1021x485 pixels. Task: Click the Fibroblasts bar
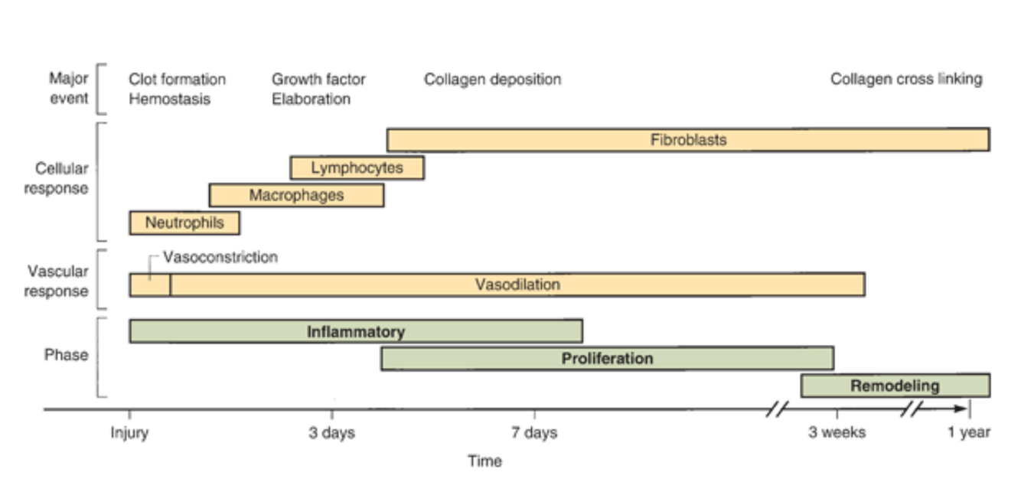click(x=687, y=140)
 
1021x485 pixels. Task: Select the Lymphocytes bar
click(x=357, y=168)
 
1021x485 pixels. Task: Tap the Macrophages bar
click(x=296, y=196)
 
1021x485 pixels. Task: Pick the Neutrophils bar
click(x=184, y=223)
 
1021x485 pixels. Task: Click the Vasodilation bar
click(x=517, y=285)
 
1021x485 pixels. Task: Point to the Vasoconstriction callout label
click(x=220, y=257)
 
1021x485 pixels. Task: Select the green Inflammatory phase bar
click(x=356, y=332)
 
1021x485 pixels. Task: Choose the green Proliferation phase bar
click(x=607, y=359)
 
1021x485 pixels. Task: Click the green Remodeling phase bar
click(x=895, y=386)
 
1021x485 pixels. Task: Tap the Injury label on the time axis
click(x=129, y=433)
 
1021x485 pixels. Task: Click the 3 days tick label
click(x=331, y=433)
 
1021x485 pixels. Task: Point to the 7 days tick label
click(x=534, y=433)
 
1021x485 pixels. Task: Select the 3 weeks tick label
click(x=837, y=433)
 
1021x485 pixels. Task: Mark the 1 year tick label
click(x=968, y=433)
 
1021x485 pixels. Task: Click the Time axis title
click(x=485, y=461)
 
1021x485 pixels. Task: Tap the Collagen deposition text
click(x=492, y=80)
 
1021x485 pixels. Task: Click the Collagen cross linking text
click(x=906, y=80)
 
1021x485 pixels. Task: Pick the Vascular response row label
click(x=58, y=281)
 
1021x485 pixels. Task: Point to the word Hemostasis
click(x=169, y=99)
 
